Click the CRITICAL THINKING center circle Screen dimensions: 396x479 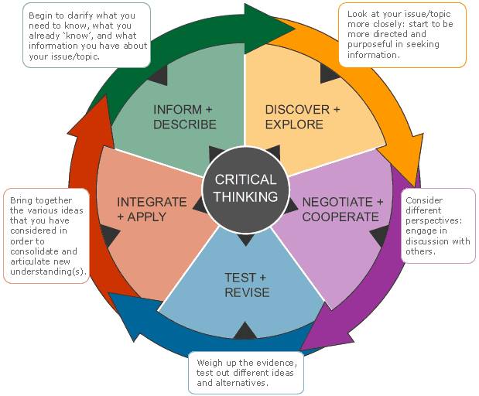tap(245, 188)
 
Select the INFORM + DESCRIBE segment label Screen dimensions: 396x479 tap(184, 117)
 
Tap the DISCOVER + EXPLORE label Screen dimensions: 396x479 tap(302, 117)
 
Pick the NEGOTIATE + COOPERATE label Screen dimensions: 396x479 tap(342, 210)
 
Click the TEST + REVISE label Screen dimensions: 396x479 tap(246, 285)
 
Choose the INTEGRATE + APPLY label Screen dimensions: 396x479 tap(152, 210)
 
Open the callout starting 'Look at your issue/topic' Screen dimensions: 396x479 tap(402, 35)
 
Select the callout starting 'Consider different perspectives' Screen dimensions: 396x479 tap(439, 226)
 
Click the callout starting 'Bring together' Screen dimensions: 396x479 tap(47, 236)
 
